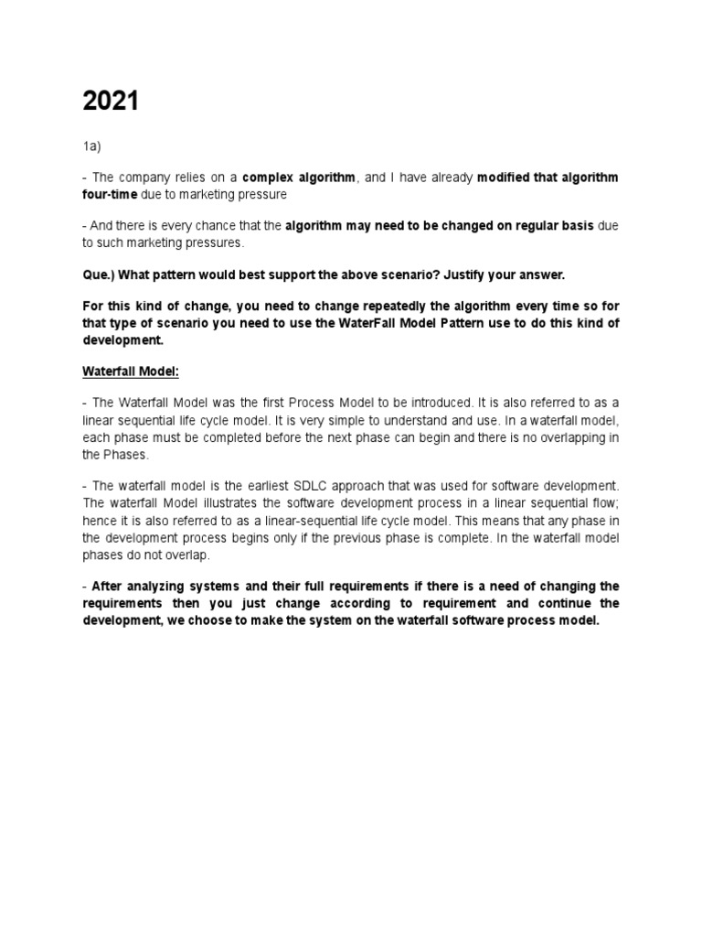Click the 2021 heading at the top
(111, 102)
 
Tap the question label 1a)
(92, 145)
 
